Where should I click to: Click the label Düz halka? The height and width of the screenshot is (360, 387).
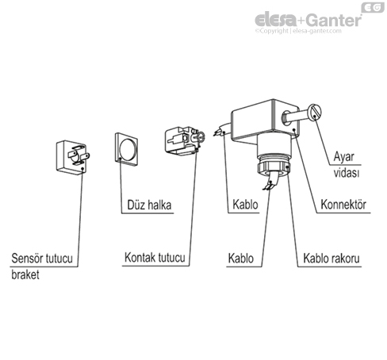pos(149,205)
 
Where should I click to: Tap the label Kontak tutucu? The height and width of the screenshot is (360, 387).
pos(155,258)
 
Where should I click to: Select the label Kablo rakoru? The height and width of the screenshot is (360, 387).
pos(331,259)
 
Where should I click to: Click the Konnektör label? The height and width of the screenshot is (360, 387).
pos(343,205)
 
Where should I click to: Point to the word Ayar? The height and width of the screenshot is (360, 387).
pos(343,157)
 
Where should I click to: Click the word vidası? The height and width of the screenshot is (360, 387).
pos(347,173)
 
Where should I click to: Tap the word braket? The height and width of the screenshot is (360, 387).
pos(25,274)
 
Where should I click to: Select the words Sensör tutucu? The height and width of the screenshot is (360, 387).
pos(42,258)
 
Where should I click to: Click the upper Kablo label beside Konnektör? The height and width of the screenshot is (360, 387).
pos(245,205)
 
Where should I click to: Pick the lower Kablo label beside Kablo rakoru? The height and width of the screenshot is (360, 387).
pos(241,259)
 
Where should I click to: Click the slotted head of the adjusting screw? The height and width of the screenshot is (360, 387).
pos(315,113)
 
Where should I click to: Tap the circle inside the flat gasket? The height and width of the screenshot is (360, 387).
pos(128,150)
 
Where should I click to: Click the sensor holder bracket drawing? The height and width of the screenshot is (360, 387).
pos(73,158)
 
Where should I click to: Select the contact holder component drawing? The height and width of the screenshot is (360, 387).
pos(185,140)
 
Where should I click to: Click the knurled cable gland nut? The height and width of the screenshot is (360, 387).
pos(274,167)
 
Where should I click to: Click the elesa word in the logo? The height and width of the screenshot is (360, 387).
pos(275,20)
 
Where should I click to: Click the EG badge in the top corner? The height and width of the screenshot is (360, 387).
pos(373,7)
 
